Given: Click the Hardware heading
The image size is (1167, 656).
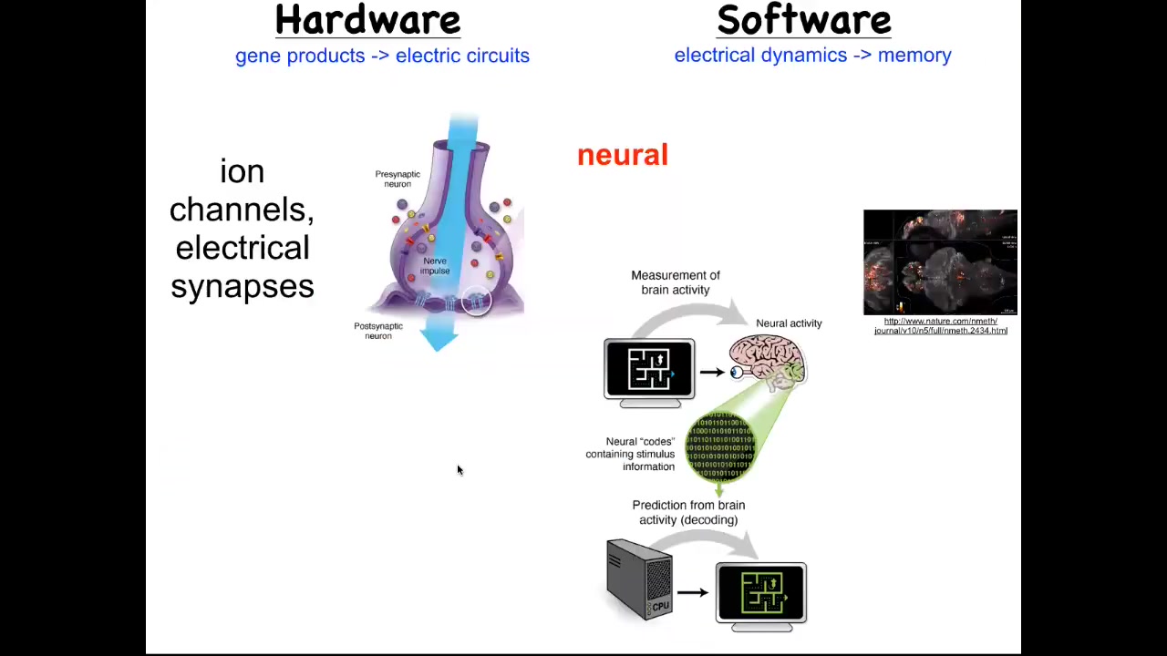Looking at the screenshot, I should (367, 20).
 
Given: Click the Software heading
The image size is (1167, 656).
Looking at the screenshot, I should (803, 20).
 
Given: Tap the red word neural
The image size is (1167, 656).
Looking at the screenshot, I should (623, 155).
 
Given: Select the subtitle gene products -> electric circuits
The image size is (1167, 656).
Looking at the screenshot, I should (382, 56).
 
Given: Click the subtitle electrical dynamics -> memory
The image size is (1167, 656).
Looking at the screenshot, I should (812, 55).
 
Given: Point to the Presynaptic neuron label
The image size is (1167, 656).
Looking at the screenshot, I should (398, 179).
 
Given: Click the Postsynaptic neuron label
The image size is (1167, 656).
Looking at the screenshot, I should (378, 331).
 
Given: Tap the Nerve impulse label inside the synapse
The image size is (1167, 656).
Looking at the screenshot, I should (435, 265).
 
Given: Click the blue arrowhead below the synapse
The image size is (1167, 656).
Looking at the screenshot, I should (440, 339).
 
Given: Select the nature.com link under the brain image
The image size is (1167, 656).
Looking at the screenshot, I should (940, 325).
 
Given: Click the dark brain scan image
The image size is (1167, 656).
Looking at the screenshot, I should (940, 262).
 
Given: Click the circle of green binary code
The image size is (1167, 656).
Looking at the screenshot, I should (721, 446).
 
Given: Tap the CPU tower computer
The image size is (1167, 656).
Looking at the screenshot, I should (640, 579).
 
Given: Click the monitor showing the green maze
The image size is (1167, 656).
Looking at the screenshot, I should (761, 593).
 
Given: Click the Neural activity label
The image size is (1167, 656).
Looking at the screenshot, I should (789, 323).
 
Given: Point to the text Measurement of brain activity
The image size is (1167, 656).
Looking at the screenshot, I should (676, 282).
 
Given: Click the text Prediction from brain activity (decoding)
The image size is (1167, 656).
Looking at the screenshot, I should (688, 512).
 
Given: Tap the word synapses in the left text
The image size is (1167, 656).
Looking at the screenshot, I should (243, 286).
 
